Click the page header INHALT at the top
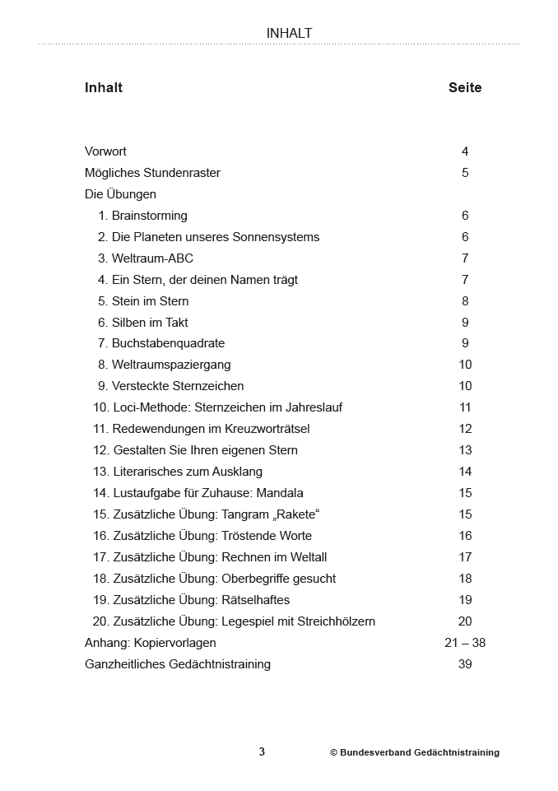click(289, 34)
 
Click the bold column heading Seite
click(465, 88)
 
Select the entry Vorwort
click(105, 151)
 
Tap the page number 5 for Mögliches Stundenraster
click(465, 173)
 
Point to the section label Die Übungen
click(120, 194)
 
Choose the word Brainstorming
click(149, 216)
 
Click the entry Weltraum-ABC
click(152, 258)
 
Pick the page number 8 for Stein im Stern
click(465, 301)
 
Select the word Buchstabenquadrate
click(168, 343)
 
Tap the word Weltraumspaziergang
click(171, 365)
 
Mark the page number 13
click(465, 450)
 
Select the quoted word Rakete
click(295, 514)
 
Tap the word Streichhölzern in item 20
click(334, 621)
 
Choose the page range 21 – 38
click(465, 643)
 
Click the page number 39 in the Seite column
click(465, 664)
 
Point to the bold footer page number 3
click(262, 751)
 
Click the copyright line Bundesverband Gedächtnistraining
click(415, 752)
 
